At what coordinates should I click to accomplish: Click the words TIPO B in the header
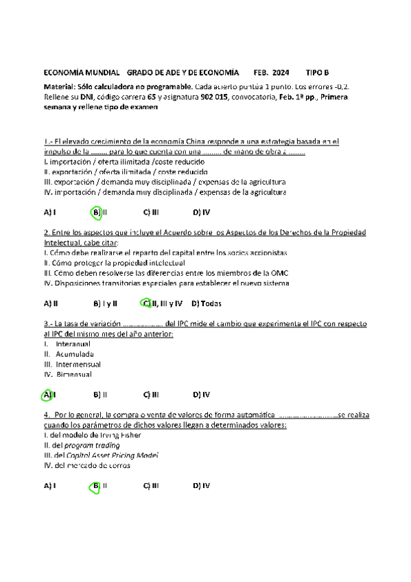[317, 72]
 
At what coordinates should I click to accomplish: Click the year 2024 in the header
[280, 72]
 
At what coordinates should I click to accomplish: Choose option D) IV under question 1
[201, 213]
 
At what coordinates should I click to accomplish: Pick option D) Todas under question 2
[207, 303]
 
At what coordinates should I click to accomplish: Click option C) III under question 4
[151, 485]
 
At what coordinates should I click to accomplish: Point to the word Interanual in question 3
[73, 344]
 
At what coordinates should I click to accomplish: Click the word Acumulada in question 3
[75, 354]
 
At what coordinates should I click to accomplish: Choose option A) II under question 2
[51, 303]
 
